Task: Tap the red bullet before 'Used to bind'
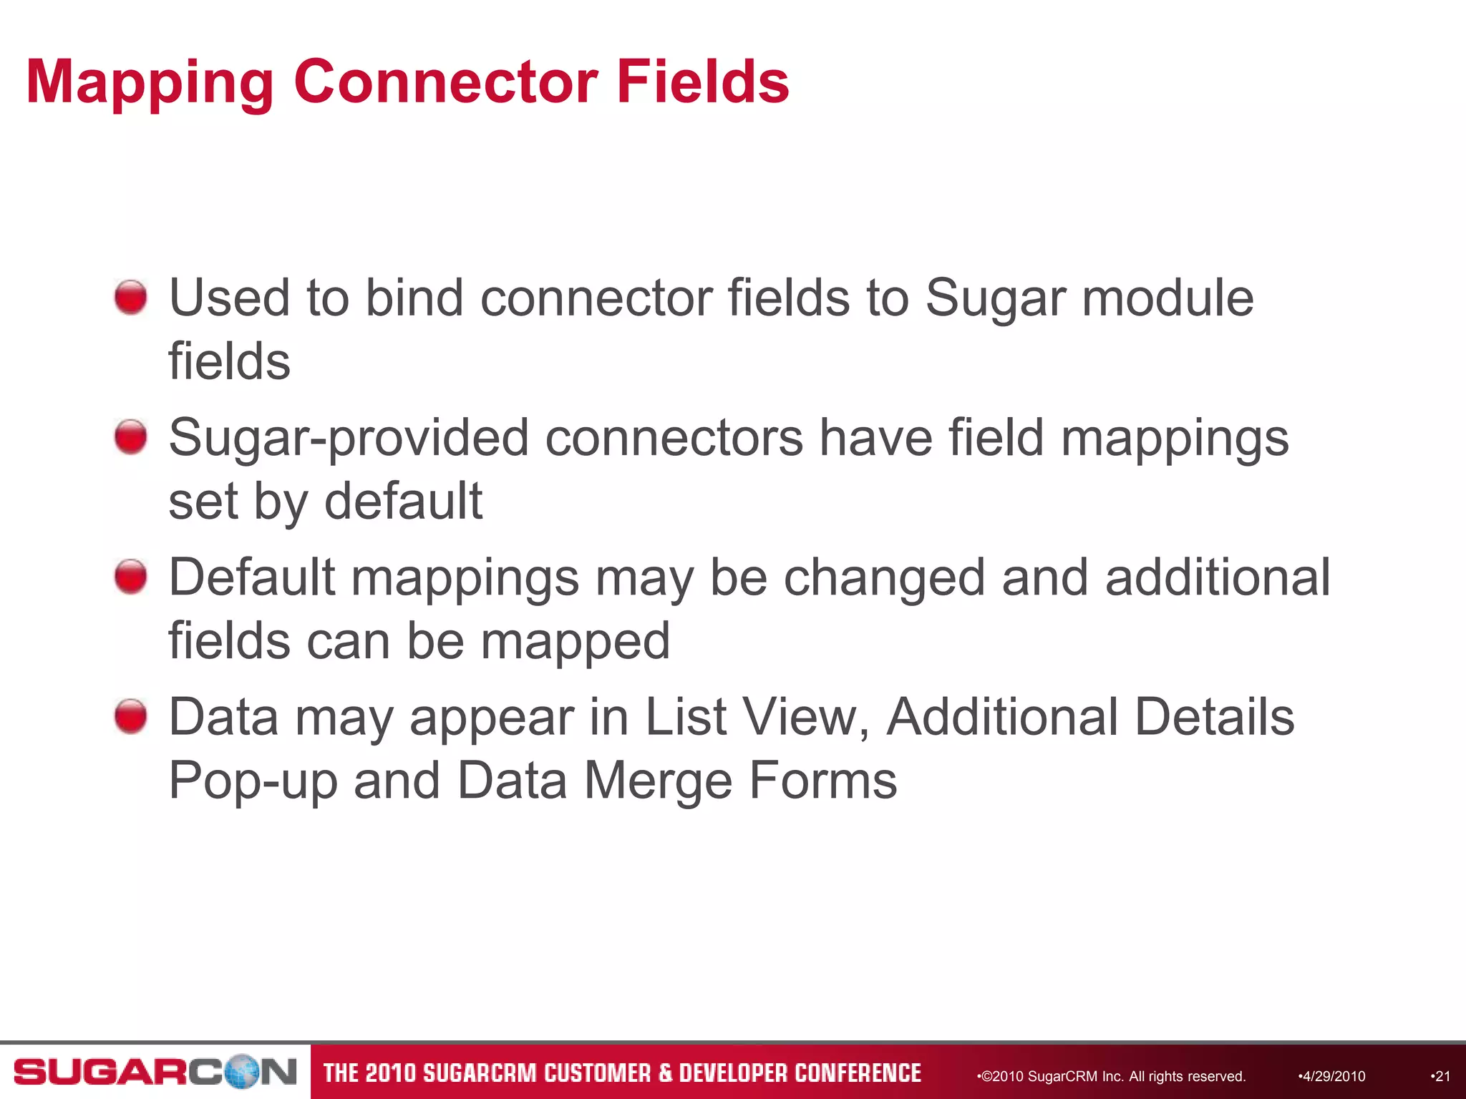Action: tap(130, 297)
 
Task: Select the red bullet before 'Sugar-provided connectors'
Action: tap(130, 436)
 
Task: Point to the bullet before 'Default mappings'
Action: tap(130, 577)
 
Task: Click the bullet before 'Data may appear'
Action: tap(130, 716)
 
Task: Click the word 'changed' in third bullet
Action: tap(884, 577)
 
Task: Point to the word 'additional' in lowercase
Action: tap(1217, 577)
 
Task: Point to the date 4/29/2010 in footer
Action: tap(1332, 1076)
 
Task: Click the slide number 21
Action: tap(1442, 1076)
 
